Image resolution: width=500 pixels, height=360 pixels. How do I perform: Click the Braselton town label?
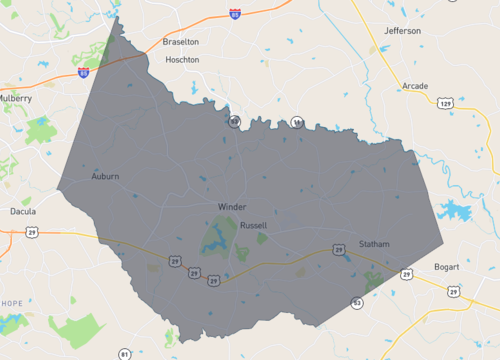181,42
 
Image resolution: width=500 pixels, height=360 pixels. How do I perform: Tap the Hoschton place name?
181,60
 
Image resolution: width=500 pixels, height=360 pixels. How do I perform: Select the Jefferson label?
402,31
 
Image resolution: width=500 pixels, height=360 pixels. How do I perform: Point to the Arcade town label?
415,87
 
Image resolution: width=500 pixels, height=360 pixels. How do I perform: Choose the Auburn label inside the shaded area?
105,176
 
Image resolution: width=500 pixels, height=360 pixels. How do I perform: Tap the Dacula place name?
22,212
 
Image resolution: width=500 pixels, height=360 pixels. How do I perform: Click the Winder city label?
231,207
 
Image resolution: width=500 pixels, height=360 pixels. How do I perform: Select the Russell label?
253,225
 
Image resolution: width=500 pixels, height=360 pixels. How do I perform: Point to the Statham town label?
374,244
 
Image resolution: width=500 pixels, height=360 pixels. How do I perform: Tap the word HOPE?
12,303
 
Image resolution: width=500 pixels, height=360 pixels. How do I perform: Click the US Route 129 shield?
445,102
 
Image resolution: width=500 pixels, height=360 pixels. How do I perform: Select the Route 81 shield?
124,353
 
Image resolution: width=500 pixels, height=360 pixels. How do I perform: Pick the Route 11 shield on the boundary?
297,122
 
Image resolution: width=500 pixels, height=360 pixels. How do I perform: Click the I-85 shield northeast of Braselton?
234,15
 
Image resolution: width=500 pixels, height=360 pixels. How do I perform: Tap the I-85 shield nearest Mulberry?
83,72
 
